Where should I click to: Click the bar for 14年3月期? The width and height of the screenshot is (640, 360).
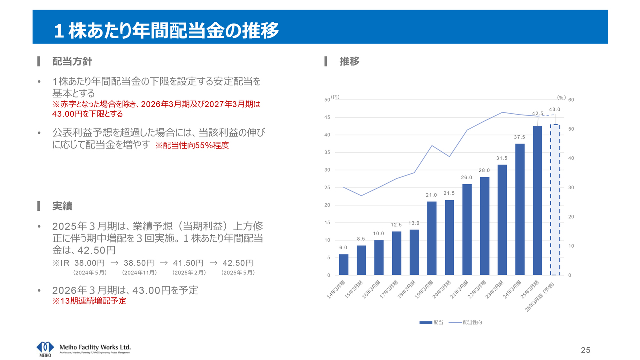344,265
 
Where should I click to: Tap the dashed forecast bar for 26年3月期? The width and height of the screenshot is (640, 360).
555,200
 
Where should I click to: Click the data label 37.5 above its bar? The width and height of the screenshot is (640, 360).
520,137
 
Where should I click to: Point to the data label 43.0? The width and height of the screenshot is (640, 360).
555,109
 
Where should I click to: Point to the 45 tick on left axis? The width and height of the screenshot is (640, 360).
328,117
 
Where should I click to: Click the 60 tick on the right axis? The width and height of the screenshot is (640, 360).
571,100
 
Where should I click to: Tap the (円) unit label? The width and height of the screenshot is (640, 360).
335,97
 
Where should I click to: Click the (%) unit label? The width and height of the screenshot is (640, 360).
561,98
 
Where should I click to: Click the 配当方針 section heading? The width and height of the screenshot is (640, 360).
72,62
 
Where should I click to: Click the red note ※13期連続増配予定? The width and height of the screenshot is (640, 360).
89,301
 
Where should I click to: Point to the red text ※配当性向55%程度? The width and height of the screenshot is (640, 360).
192,146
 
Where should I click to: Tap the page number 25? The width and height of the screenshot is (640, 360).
585,349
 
